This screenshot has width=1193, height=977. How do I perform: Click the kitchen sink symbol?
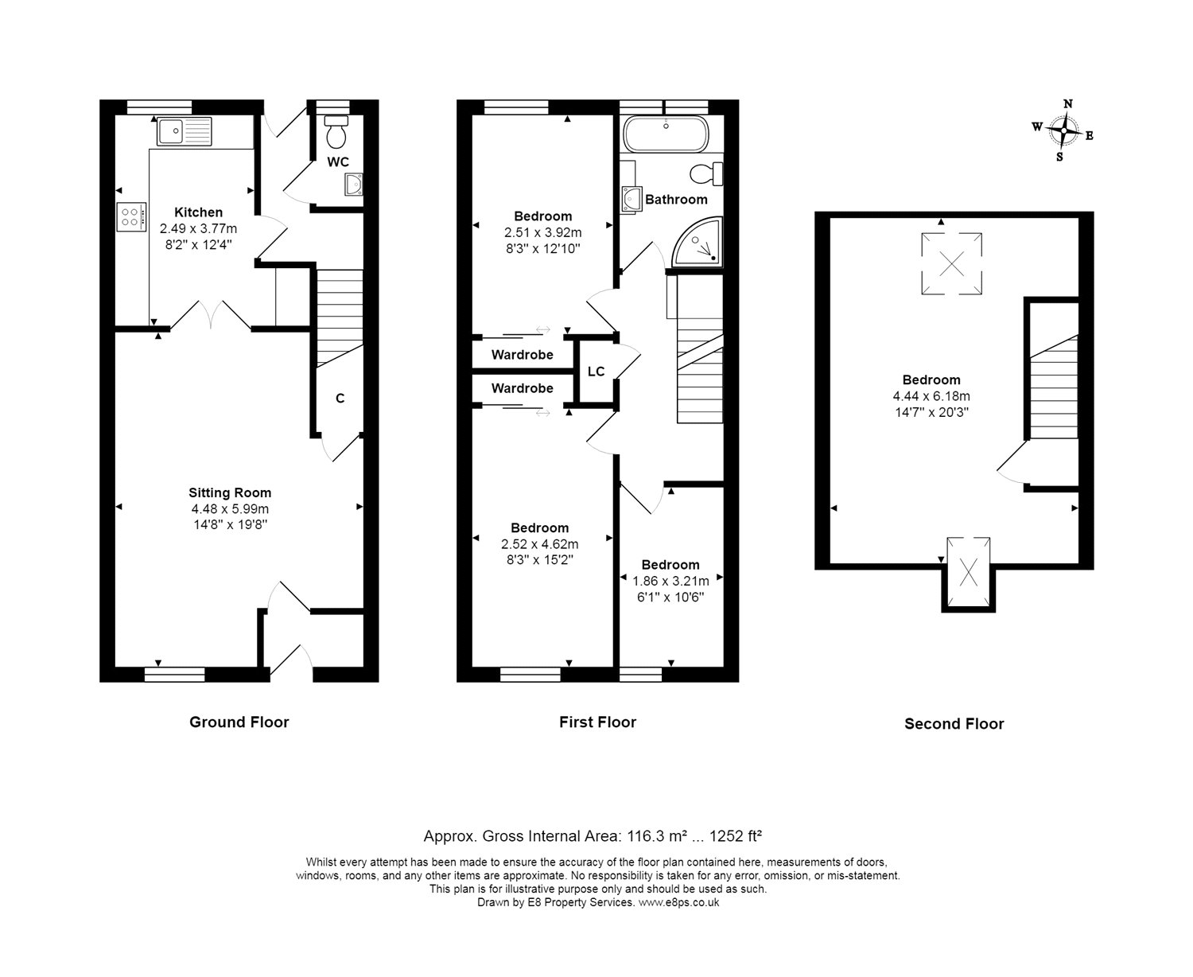(x=184, y=131)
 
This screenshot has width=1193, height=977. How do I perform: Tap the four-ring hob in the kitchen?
(x=132, y=217)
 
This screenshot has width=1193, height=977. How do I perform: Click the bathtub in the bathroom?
(x=665, y=134)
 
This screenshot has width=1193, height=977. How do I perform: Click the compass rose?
(x=1062, y=130)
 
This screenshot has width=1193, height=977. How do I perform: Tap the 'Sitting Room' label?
(x=230, y=492)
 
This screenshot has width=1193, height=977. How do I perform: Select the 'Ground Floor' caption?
(x=239, y=722)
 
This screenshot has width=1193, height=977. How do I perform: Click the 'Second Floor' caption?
(x=954, y=723)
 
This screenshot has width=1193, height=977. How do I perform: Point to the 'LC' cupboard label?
(x=596, y=372)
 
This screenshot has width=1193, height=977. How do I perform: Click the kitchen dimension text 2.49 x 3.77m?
(x=198, y=228)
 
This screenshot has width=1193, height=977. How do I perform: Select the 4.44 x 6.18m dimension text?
(x=931, y=396)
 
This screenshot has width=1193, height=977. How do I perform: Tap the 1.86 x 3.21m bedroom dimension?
(x=670, y=581)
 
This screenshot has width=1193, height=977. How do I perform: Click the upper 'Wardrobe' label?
(x=522, y=355)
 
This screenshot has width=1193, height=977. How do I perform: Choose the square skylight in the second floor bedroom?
(x=951, y=264)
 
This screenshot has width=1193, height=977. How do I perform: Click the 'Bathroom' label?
(x=676, y=199)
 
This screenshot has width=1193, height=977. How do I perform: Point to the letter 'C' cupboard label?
(x=340, y=399)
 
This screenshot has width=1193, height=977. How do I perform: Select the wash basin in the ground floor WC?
(x=354, y=185)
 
